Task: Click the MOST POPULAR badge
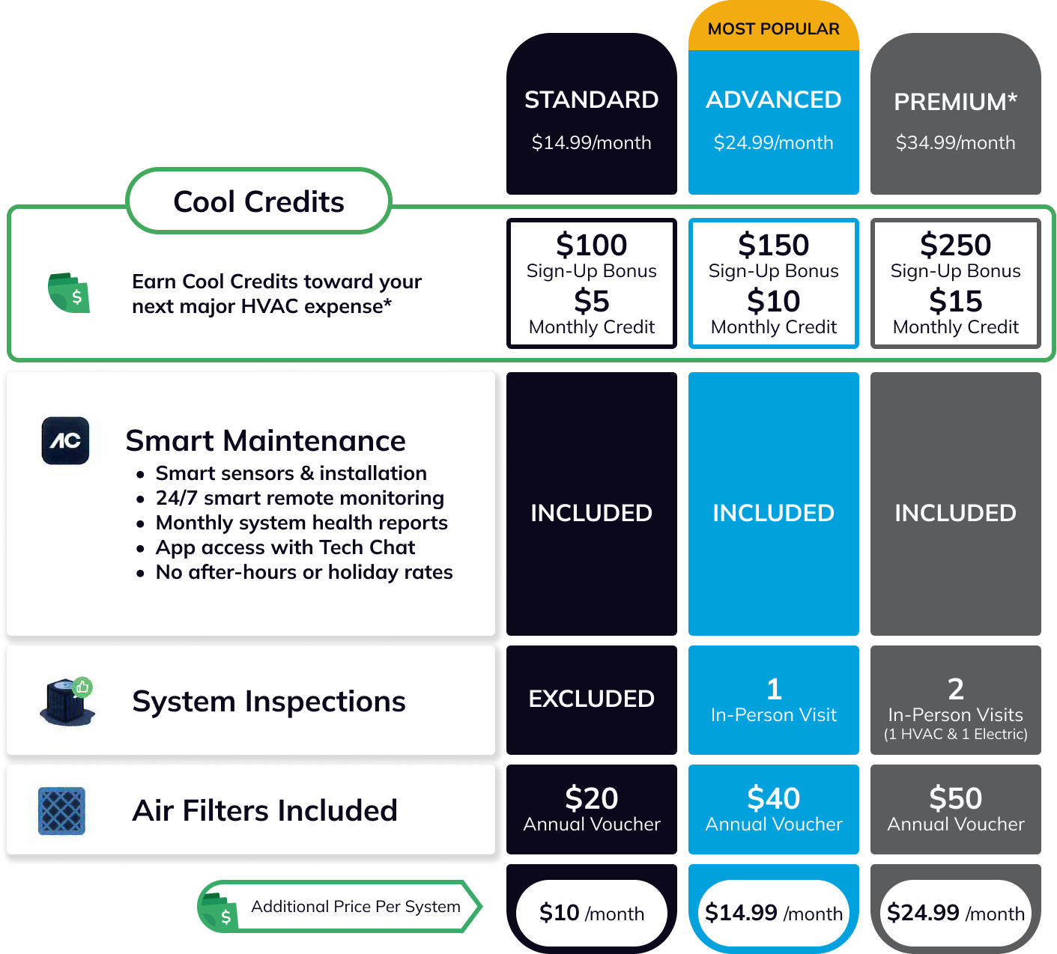773,29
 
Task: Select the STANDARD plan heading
591,100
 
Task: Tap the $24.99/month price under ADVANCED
773,142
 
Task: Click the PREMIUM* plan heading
955,102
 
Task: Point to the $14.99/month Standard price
591,142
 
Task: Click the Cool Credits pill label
258,201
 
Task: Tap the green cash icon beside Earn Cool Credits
69,293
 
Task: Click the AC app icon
65,440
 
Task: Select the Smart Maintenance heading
265,440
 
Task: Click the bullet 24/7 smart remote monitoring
300,498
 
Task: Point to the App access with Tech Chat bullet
285,547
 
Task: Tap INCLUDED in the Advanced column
773,513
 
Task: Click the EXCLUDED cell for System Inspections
591,699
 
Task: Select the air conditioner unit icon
67,702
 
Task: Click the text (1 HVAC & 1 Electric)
955,734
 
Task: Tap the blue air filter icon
61,810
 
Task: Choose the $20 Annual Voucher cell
591,809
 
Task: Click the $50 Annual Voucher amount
955,798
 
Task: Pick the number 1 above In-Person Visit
774,689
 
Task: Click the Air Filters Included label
264,810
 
